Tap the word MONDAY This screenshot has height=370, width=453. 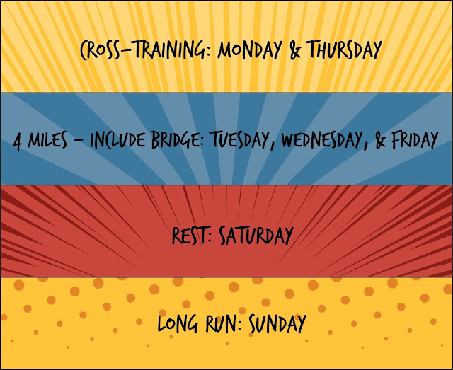[250, 50]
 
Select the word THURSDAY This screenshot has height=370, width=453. [344, 50]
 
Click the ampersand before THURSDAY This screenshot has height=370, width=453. [294, 50]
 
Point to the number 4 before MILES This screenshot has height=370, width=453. [18, 141]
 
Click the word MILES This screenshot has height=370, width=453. [47, 140]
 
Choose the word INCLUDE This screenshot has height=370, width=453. [118, 140]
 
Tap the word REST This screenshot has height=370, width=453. [190, 235]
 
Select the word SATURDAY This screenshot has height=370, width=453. [256, 235]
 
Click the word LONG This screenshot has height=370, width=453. [178, 323]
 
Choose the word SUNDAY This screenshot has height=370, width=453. [277, 323]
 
